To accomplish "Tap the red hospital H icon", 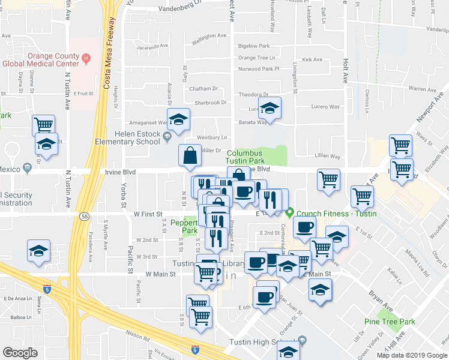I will coord(86,58).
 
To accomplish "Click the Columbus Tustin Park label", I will coord(245,157).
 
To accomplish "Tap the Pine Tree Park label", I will coord(390,322).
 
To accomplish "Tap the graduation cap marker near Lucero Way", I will coord(270,108).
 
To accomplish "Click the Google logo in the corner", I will coord(20,353).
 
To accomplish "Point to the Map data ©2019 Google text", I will coord(412,355).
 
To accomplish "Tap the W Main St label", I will coord(157,274).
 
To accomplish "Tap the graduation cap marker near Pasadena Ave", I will coord(39,251).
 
